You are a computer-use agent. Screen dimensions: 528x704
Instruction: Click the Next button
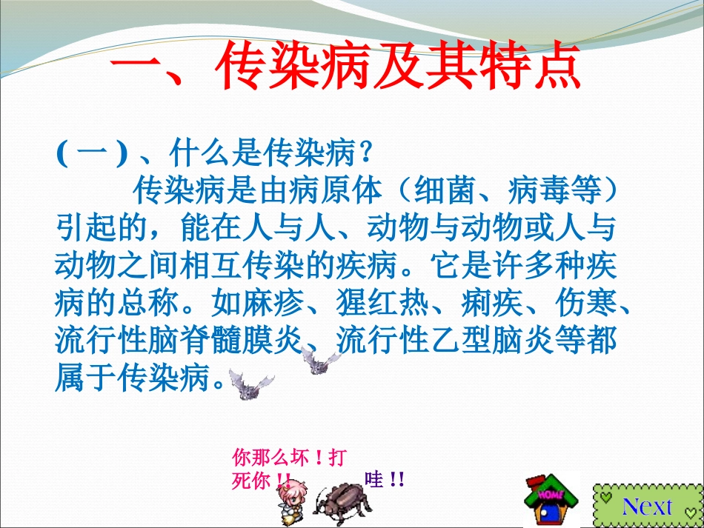647,505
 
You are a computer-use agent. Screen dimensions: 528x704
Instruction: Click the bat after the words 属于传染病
248,384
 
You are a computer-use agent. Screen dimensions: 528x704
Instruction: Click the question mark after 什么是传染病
364,155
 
